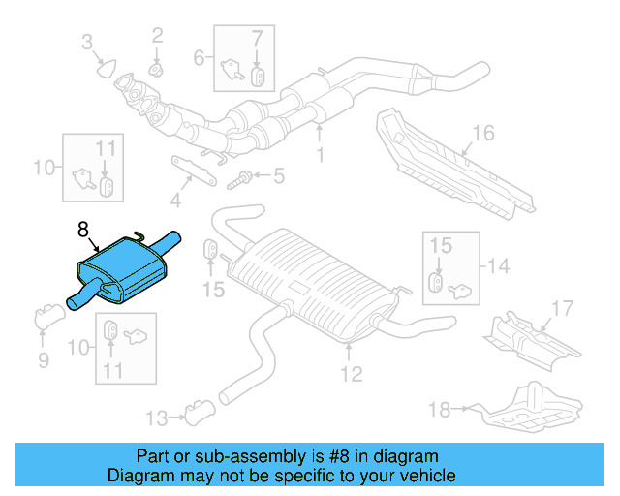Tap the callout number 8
pos(83,230)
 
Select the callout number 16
pos(483,132)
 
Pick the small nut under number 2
pos(156,69)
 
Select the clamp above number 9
pos(46,317)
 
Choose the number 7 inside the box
pos(257,40)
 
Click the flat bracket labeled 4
pos(195,169)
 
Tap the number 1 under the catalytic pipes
pos(320,154)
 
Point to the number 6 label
pos(199,57)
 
